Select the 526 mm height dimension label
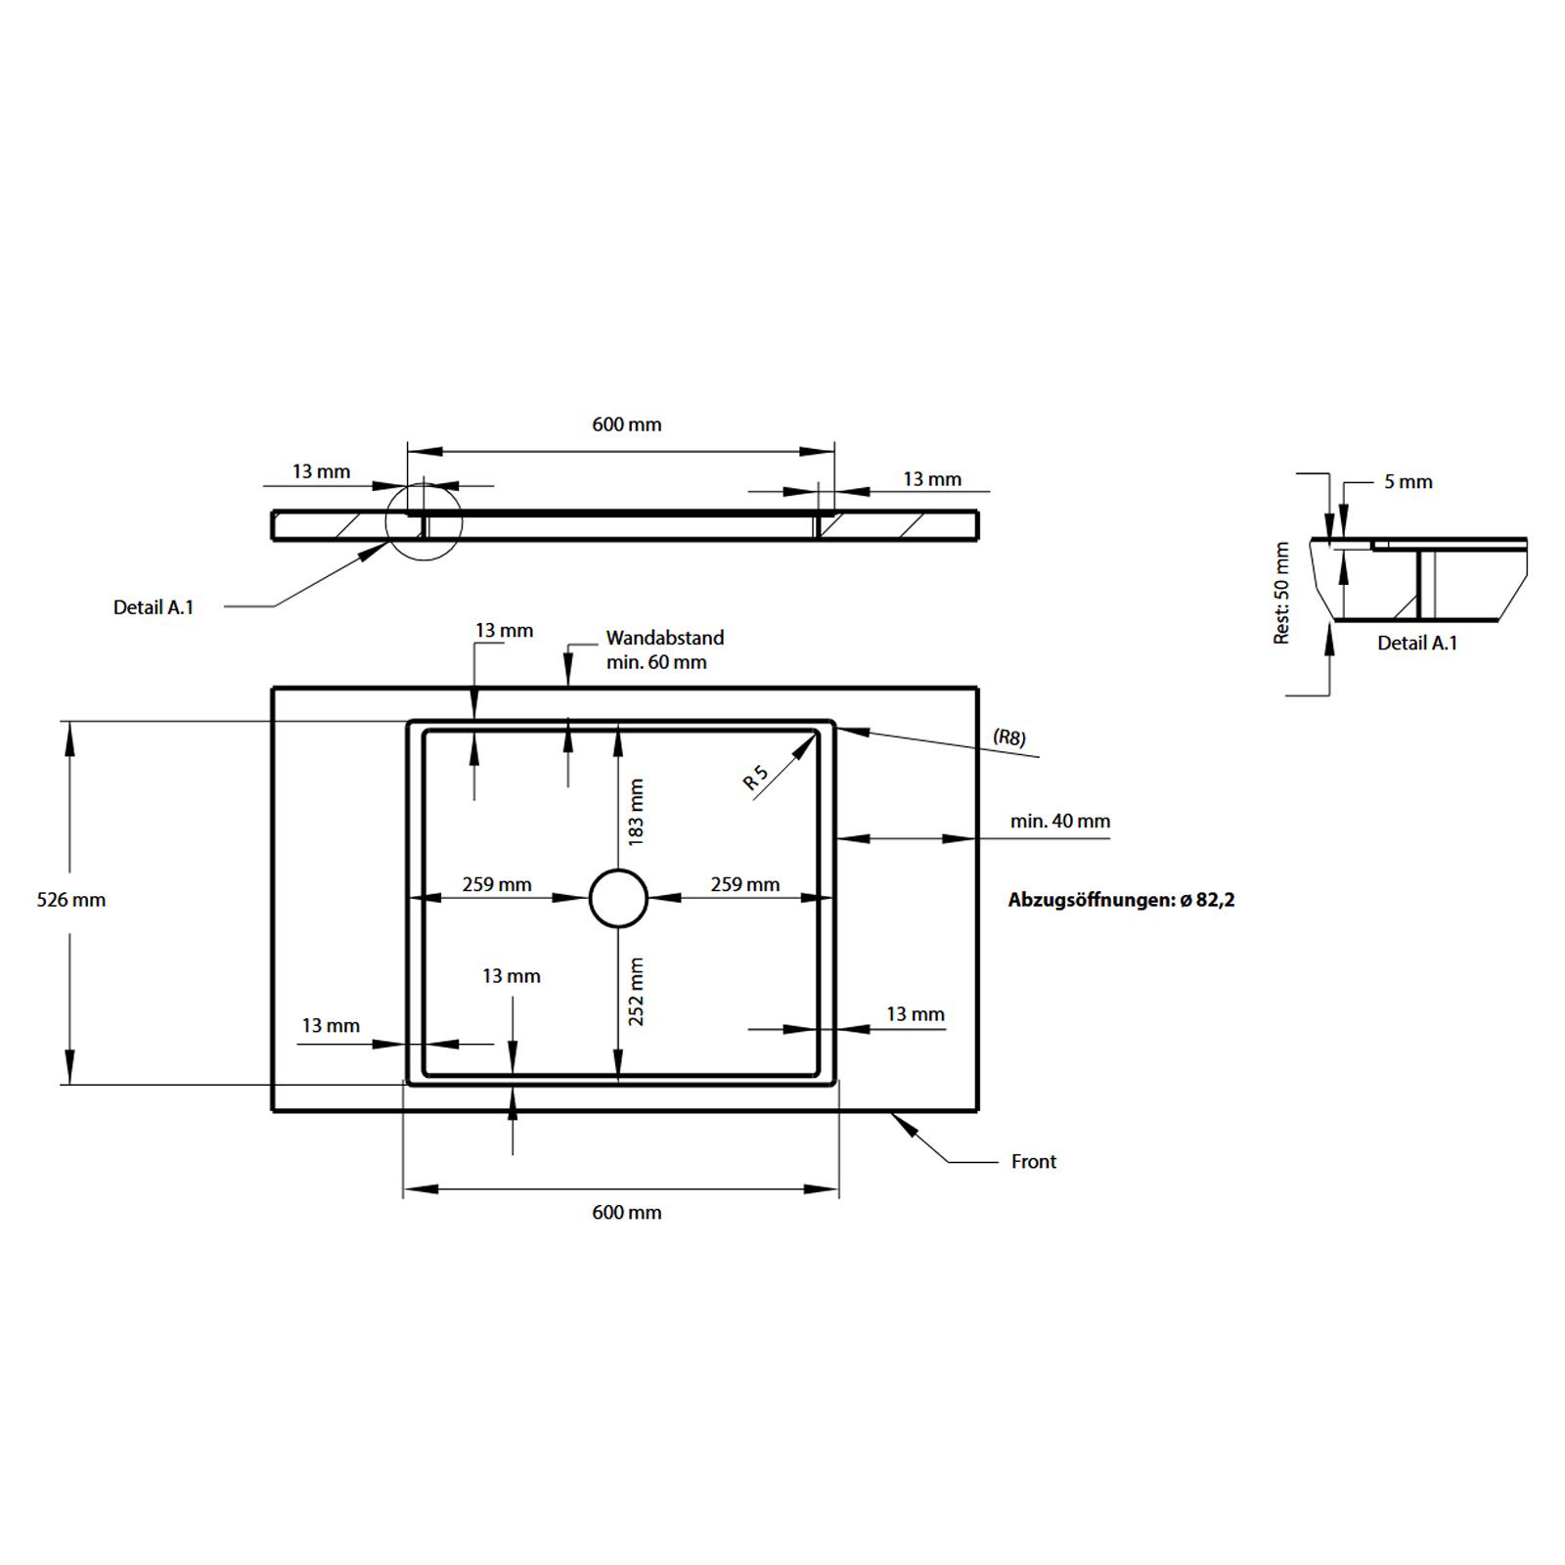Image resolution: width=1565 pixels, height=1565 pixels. (x=71, y=900)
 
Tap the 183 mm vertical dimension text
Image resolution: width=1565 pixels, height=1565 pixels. (x=637, y=812)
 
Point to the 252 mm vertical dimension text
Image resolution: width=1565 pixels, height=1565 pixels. (x=637, y=991)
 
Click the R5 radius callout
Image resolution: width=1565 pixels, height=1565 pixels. (x=756, y=778)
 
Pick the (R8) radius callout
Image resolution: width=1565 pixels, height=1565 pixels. (x=1009, y=737)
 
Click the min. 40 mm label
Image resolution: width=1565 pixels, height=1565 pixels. (x=1060, y=822)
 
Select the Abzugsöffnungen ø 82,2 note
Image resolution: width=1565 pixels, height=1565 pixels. (x=1122, y=900)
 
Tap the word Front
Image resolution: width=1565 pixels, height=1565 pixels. (x=1034, y=1162)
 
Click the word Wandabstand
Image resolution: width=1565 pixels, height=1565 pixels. (x=665, y=638)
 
